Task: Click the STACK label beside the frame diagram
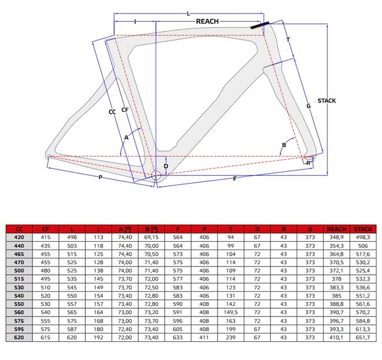click(x=326, y=101)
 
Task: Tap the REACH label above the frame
click(x=207, y=21)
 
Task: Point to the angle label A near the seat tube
click(x=126, y=138)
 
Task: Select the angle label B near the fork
click(x=284, y=145)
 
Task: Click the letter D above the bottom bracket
click(x=166, y=166)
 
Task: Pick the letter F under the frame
click(x=235, y=179)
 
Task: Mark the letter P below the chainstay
click(x=100, y=177)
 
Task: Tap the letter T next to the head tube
click(x=288, y=39)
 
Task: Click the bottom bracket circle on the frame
click(x=156, y=175)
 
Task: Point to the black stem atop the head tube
click(x=260, y=25)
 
